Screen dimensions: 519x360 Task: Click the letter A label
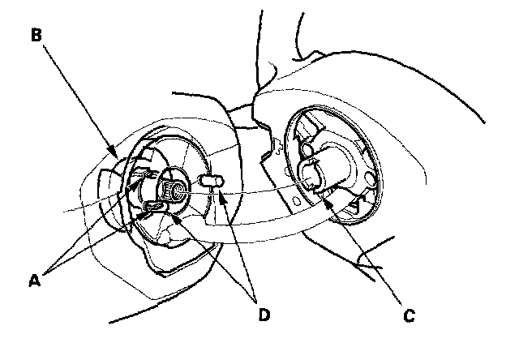[34, 280]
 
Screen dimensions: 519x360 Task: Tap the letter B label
[36, 36]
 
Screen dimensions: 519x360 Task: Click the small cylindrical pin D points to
[209, 182]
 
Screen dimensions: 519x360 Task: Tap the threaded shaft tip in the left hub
[173, 191]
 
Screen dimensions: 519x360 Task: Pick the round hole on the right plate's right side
[369, 177]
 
